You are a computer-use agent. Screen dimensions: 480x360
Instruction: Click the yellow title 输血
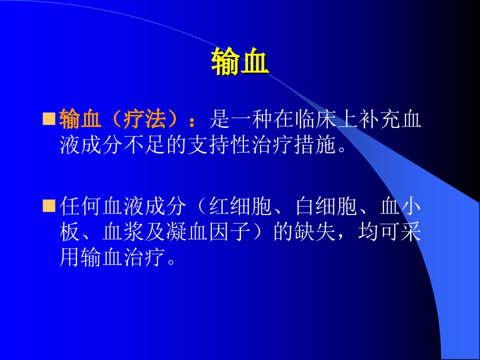[240, 62]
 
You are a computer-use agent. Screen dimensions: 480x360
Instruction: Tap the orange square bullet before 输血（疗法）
[48, 119]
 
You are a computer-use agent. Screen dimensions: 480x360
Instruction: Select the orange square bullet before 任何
[48, 205]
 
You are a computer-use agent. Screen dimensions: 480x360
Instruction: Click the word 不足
[145, 144]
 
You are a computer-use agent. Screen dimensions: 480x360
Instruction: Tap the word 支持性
[219, 144]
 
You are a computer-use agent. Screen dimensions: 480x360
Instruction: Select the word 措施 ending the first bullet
[314, 144]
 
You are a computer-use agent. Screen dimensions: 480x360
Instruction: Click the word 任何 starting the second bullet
[80, 205]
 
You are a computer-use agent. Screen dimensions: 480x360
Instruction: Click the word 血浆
[123, 231]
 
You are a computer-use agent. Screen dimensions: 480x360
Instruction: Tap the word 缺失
[314, 231]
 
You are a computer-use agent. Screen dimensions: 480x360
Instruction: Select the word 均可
[379, 231]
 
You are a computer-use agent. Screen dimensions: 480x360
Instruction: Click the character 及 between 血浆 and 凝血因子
[155, 231]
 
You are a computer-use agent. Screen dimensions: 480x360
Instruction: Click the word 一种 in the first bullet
[251, 119]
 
